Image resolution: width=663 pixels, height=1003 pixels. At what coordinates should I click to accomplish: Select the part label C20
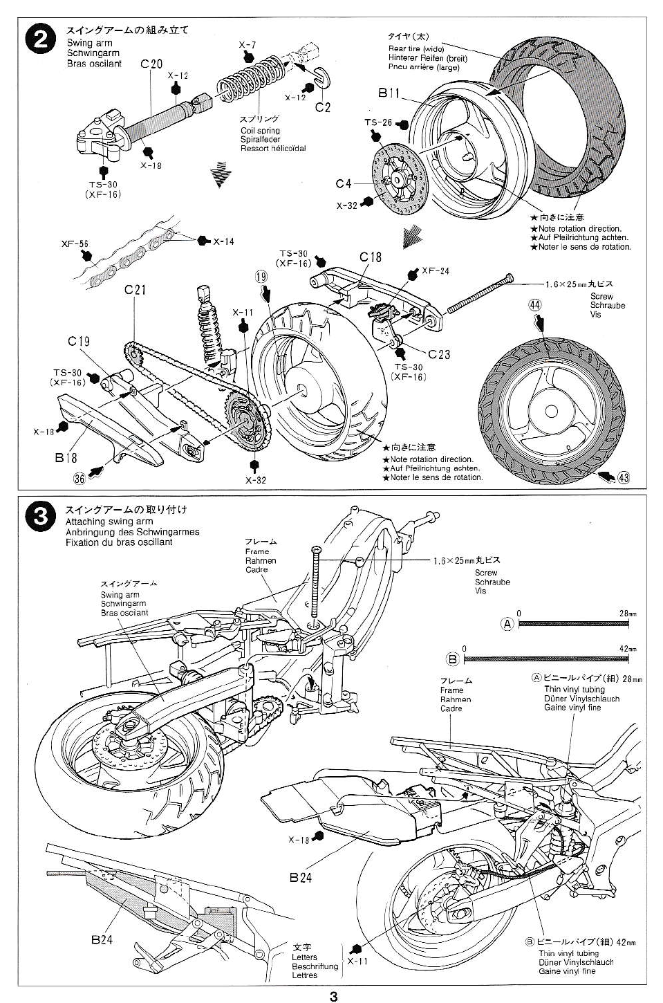tap(151, 64)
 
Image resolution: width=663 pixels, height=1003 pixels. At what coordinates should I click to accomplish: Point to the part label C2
tap(323, 107)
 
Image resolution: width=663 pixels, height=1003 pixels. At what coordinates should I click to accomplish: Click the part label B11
tap(389, 92)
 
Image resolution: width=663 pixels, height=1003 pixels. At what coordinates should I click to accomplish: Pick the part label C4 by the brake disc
tap(344, 183)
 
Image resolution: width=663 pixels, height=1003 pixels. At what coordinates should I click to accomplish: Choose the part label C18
tap(371, 257)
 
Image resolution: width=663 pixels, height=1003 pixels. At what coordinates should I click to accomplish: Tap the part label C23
tap(438, 354)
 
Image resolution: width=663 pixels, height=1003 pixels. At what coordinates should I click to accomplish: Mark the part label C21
tap(136, 290)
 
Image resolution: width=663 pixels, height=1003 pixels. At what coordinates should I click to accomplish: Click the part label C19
tap(79, 341)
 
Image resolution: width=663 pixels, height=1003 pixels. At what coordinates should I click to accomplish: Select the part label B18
tap(66, 457)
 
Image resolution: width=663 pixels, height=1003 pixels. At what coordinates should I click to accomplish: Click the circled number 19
tap(261, 277)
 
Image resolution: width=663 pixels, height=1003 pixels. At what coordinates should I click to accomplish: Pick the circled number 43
tap(624, 477)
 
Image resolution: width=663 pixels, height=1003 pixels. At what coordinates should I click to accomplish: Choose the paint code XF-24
tap(436, 270)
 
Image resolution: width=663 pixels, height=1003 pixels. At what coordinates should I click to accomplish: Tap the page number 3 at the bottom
tap(334, 996)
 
